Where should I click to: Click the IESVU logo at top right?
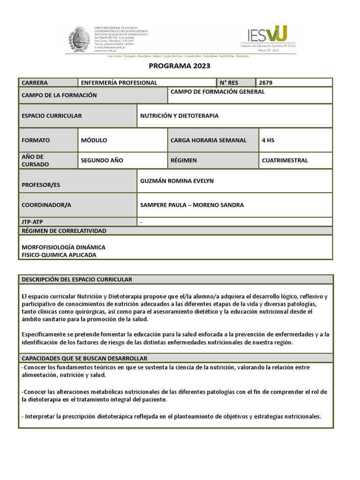[x=268, y=37]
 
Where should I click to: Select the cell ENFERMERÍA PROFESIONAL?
[x=119, y=83]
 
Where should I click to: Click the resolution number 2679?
[x=265, y=83]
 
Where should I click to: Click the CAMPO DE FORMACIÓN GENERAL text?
[x=217, y=92]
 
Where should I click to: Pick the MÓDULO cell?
[x=94, y=140]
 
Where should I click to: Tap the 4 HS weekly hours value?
[x=268, y=140]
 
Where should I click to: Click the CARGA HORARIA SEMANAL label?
[x=208, y=140]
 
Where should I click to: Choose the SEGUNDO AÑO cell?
[x=102, y=160]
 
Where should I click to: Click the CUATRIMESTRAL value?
[x=285, y=160]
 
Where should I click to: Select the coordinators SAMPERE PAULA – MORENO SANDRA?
[x=192, y=205]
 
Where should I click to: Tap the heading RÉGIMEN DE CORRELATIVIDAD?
[x=64, y=231]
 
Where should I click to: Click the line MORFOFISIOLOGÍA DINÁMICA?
[x=64, y=247]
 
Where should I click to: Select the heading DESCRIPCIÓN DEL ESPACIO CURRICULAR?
[x=77, y=279]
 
